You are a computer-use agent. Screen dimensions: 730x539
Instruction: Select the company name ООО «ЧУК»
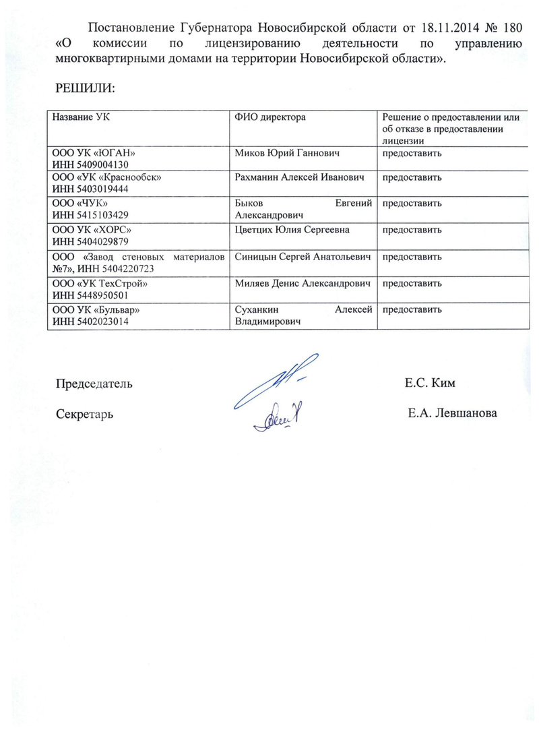point(80,202)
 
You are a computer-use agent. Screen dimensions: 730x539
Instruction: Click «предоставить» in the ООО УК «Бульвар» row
point(412,310)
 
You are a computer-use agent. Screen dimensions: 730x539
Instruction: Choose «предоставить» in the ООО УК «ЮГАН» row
point(412,153)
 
